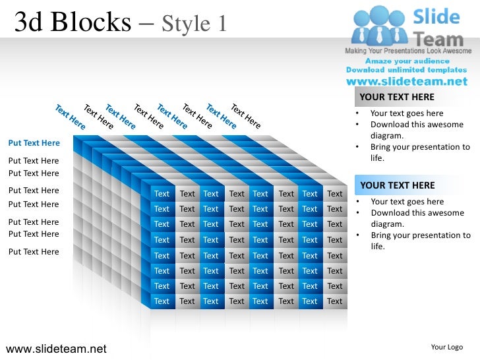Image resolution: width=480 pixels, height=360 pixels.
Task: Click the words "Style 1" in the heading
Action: tap(195, 24)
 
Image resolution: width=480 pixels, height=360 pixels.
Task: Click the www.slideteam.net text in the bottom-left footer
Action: tap(55, 348)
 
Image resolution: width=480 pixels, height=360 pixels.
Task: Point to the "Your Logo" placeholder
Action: tap(446, 347)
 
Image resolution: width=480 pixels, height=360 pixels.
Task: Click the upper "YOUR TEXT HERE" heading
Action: tap(397, 98)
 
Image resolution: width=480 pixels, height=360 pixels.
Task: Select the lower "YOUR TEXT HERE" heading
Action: tap(398, 185)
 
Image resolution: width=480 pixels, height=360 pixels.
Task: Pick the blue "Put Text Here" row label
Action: tap(34, 143)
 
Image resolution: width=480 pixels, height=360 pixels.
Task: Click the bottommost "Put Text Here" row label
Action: tap(34, 251)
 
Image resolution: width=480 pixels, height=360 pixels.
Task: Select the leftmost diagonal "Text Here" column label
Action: tap(70, 116)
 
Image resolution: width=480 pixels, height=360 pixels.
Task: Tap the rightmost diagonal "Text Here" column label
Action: tap(245, 116)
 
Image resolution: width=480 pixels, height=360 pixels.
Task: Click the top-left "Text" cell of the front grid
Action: tap(162, 194)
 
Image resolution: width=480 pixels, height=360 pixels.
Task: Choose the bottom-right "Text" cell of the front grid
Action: tap(335, 301)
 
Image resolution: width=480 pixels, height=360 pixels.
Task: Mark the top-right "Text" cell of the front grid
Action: tap(335, 194)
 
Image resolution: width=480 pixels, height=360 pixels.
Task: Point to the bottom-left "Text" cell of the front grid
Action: tap(162, 301)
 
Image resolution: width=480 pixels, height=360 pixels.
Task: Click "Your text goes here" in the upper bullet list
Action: tap(407, 113)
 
